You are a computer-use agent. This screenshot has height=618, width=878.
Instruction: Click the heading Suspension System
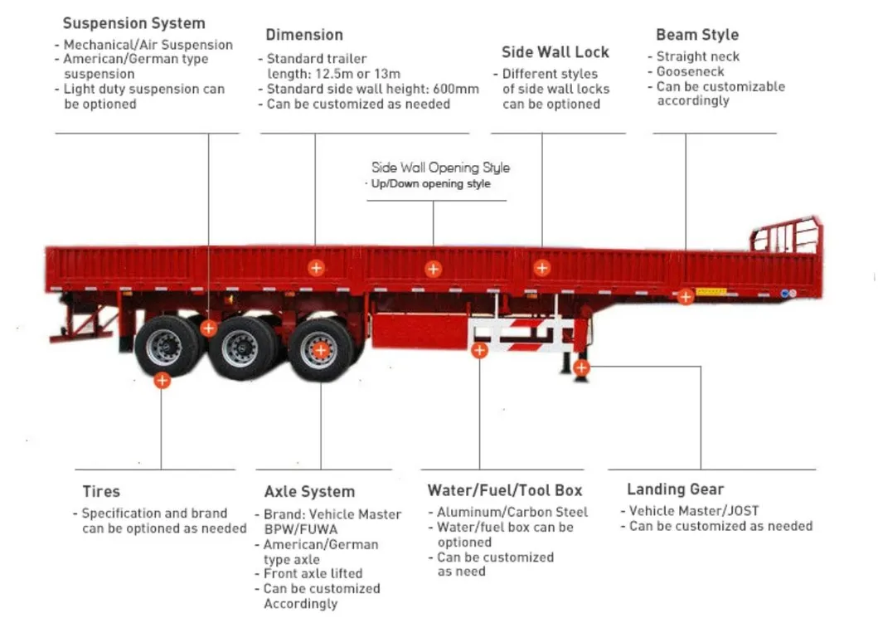pyautogui.click(x=133, y=23)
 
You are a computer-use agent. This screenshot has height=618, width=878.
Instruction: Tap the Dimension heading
pyautogui.click(x=304, y=35)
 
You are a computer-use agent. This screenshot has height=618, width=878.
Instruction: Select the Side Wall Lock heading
pyautogui.click(x=555, y=52)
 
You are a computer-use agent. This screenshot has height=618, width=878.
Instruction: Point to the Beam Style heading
pyautogui.click(x=696, y=35)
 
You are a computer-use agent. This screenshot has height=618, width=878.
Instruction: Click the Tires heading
pyautogui.click(x=101, y=492)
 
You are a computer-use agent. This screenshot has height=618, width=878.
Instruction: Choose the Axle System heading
pyautogui.click(x=309, y=492)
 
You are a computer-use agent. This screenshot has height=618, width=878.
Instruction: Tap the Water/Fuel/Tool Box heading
pyautogui.click(x=505, y=490)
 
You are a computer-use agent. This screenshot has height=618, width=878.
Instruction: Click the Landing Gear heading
pyautogui.click(x=675, y=489)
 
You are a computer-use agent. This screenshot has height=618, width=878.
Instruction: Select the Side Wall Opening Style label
pyautogui.click(x=440, y=168)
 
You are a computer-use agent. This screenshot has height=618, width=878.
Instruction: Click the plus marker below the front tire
pyautogui.click(x=163, y=381)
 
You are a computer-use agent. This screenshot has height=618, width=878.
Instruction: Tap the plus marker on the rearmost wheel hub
pyautogui.click(x=321, y=350)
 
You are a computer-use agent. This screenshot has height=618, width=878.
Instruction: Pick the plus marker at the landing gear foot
pyautogui.click(x=581, y=367)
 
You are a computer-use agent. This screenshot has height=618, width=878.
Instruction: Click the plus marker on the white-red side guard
pyautogui.click(x=479, y=350)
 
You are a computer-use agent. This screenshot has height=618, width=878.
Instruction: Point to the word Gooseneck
pyautogui.click(x=690, y=72)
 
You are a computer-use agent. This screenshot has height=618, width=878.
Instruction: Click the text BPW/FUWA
pyautogui.click(x=301, y=529)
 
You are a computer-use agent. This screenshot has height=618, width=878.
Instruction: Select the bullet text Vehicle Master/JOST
pyautogui.click(x=693, y=511)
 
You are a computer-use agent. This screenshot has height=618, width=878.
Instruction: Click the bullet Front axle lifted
pyautogui.click(x=313, y=573)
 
